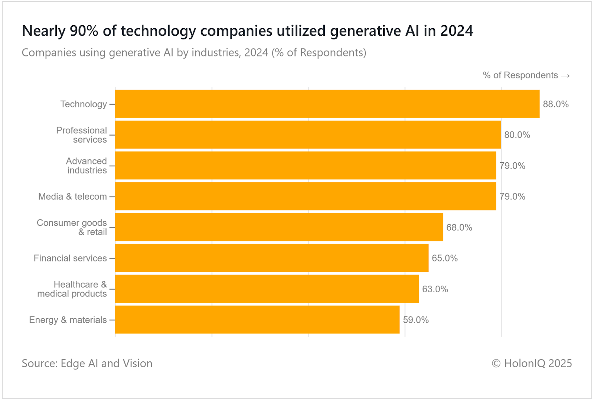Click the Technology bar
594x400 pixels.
point(327,104)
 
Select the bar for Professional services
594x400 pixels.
point(308,135)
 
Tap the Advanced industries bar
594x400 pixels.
point(305,166)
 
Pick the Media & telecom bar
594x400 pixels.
point(305,196)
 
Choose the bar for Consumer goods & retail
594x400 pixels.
point(279,227)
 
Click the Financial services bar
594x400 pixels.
point(271,258)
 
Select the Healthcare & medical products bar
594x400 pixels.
point(267,289)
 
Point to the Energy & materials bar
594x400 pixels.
point(257,320)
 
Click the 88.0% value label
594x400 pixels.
point(555,104)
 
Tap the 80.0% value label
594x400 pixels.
point(517,135)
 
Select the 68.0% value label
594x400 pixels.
point(459,228)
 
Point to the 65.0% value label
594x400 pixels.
point(444,258)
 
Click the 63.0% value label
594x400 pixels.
point(435,289)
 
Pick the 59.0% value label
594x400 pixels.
point(415,320)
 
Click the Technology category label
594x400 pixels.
point(84,104)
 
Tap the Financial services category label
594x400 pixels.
point(70,258)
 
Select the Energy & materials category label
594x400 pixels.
point(68,320)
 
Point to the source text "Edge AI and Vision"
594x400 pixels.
point(106,363)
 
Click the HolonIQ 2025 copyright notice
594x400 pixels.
point(532,363)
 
